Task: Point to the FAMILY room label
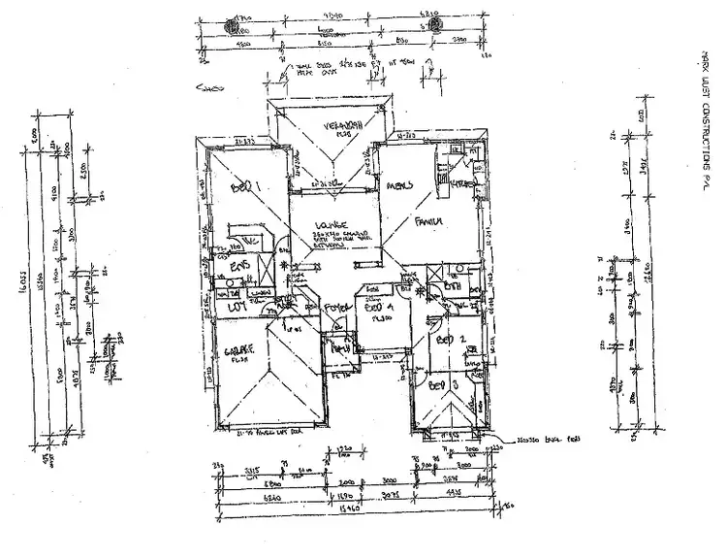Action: (x=428, y=222)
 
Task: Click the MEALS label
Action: (x=400, y=185)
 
